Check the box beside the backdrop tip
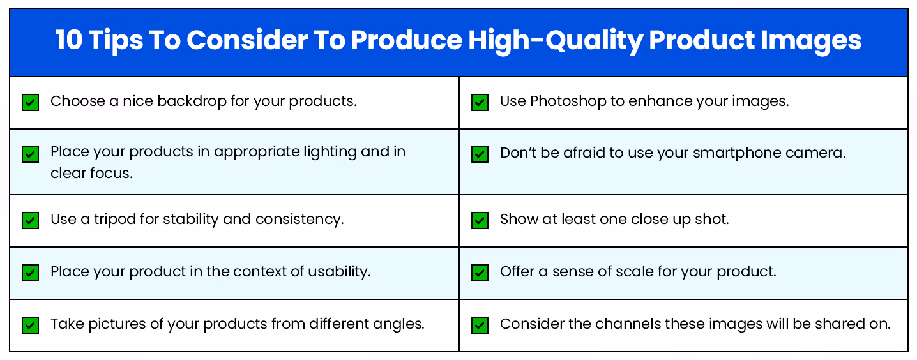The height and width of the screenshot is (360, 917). [x=30, y=102]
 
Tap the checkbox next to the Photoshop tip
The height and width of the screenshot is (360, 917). [x=480, y=102]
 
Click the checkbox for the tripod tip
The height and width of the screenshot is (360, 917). [x=30, y=220]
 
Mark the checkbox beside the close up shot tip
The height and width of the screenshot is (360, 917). [x=480, y=220]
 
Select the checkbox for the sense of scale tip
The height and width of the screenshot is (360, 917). [x=480, y=273]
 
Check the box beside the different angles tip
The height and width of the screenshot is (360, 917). [x=30, y=325]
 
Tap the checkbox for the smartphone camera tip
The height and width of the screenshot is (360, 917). [x=480, y=154]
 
